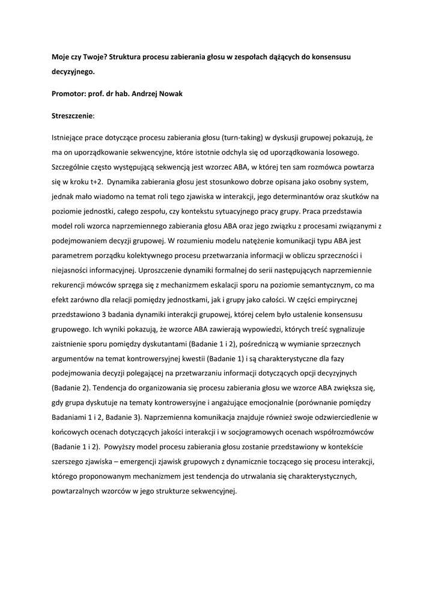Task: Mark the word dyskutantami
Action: coord(163,344)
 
